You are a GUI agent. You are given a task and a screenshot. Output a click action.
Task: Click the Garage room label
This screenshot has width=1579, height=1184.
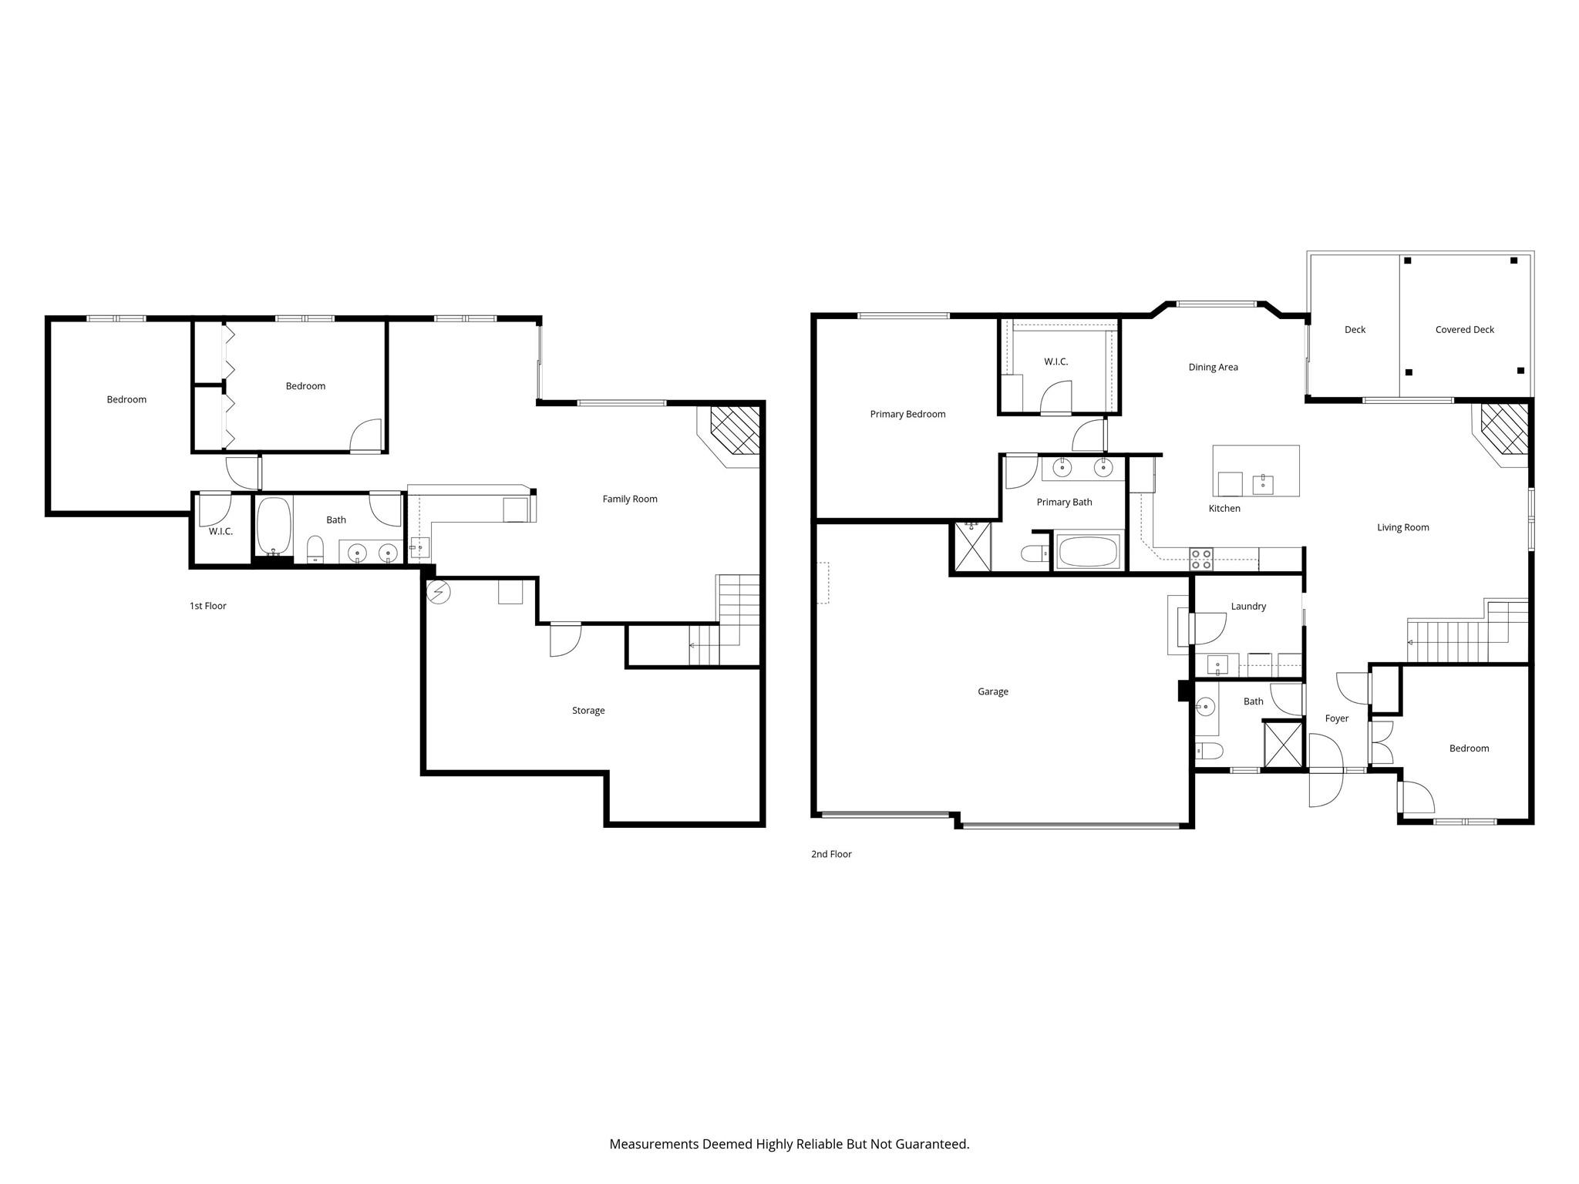point(992,691)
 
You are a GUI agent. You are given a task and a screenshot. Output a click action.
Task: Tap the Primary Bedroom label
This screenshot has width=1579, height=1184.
point(907,414)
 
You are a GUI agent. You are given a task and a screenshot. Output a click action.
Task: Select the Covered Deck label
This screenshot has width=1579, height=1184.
point(1464,329)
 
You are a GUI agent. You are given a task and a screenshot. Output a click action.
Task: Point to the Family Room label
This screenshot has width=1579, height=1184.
point(629,499)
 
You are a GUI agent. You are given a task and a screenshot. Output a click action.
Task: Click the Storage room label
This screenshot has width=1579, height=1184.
point(587,710)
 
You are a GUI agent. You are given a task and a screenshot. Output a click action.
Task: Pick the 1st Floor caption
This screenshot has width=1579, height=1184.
point(207,606)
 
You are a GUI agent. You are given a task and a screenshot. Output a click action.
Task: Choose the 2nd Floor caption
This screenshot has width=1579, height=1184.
point(830,854)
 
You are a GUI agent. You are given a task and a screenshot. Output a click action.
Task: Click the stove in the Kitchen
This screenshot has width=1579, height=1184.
point(1200,559)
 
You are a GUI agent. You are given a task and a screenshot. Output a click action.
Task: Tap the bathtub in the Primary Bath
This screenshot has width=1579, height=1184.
point(1088,552)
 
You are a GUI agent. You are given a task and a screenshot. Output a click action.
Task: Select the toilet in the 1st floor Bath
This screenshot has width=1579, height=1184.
point(315,550)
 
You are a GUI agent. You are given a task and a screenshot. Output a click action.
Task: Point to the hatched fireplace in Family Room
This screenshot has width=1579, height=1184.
point(735,430)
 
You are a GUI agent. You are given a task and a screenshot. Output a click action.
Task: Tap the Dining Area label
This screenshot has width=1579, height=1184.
point(1213,367)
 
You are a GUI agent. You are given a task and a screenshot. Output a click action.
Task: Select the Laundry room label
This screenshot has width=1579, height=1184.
point(1248,607)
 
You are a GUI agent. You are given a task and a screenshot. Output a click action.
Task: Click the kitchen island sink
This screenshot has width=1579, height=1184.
point(1263,484)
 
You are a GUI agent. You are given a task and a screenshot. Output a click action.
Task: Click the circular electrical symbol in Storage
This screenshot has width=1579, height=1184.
point(438,593)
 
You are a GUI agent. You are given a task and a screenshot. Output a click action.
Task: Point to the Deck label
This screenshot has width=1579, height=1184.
point(1355,329)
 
